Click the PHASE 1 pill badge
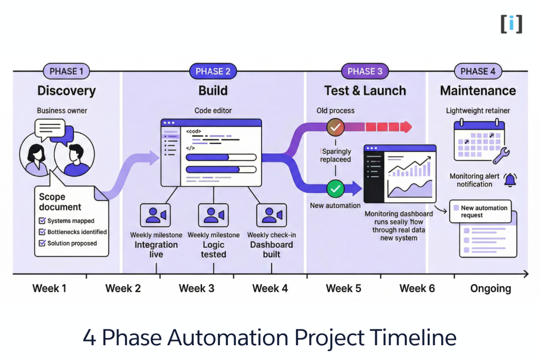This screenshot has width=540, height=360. coord(66,71)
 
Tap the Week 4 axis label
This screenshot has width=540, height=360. coord(270,288)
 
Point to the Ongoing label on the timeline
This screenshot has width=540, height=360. coord(490,288)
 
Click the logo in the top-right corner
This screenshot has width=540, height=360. coord(511,24)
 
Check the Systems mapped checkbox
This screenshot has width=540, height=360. coord(43,221)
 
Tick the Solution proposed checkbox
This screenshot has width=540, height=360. coord(43,243)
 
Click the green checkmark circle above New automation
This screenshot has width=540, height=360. coord(335,188)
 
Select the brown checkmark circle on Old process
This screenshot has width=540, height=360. coord(335,127)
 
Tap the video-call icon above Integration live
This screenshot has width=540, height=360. coord(156,215)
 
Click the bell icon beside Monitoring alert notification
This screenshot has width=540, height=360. coord(510,180)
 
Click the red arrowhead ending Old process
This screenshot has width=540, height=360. coord(406,127)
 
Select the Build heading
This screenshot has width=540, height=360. coord(213,91)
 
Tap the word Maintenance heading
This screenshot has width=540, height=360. coord(478,91)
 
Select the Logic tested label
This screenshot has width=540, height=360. coord(214,249)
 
